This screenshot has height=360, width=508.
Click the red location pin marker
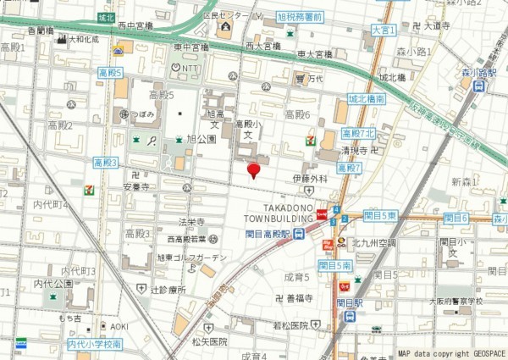point(253,170)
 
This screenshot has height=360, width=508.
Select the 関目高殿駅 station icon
point(300,235)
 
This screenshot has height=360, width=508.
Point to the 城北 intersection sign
point(106,17)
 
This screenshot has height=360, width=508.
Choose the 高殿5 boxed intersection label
point(110,73)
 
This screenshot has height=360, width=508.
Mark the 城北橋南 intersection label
point(367,98)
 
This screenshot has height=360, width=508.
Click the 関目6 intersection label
point(456,218)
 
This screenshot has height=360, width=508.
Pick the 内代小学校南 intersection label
point(94,344)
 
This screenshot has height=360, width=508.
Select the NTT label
point(186,67)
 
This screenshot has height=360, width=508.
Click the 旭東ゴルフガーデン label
point(192,257)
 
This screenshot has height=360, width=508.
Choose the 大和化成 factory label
point(83,39)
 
